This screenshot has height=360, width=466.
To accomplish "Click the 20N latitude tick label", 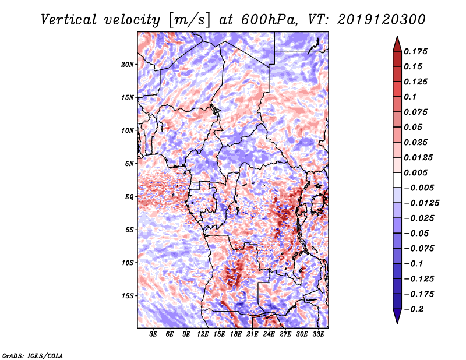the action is pyautogui.click(x=128, y=65).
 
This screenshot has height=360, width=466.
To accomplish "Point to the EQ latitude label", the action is pyautogui.click(x=129, y=197).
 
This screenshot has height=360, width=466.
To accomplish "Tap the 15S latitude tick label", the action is pyautogui.click(x=128, y=296).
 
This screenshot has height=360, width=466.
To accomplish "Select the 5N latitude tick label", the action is pyautogui.click(x=129, y=164).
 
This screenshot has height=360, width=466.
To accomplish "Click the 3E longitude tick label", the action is pyautogui.click(x=153, y=334).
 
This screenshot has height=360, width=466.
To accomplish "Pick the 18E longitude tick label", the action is pyautogui.click(x=236, y=334).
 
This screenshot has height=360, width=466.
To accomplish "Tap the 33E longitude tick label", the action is pyautogui.click(x=318, y=334).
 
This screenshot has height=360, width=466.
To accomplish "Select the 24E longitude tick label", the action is pyautogui.click(x=269, y=334).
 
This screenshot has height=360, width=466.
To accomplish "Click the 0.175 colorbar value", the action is pyautogui.click(x=415, y=51).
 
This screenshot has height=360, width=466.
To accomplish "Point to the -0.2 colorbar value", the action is pyautogui.click(x=414, y=309).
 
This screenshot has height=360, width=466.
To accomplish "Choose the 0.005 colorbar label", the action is pyautogui.click(x=415, y=172).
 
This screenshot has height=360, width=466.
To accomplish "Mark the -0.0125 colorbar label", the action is pyautogui.click(x=421, y=203).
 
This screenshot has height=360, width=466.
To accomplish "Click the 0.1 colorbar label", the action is pyautogui.click(x=410, y=97).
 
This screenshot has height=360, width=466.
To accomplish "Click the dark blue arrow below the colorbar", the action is pyautogui.click(x=397, y=316).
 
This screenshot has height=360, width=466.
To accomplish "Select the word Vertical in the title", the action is pyautogui.click(x=69, y=20).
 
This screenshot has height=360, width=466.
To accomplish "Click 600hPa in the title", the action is pyautogui.click(x=269, y=20).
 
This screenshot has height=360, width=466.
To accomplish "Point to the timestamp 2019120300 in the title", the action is pyautogui.click(x=382, y=20).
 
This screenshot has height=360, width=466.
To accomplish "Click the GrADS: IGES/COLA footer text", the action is pyautogui.click(x=33, y=355).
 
